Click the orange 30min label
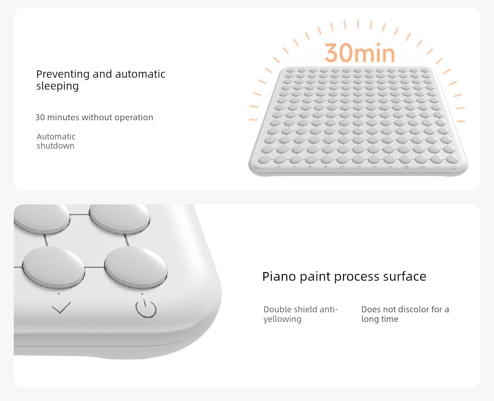[360, 53]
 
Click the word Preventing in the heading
[63, 75]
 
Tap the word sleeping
[57, 86]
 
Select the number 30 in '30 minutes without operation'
[40, 117]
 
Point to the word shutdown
[55, 145]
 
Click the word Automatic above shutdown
[56, 136]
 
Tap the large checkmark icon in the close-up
[61, 307]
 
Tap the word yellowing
[282, 319]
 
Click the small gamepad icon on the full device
[422, 167]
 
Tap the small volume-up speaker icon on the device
[310, 166]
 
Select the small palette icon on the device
[343, 167]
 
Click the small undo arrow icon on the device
[358, 167]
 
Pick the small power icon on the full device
[454, 167]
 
